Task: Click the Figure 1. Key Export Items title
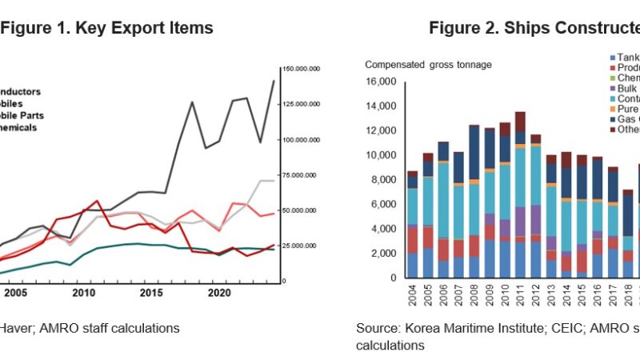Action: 106,28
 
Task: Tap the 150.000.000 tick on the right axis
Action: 303,70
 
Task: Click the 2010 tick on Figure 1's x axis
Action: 83,294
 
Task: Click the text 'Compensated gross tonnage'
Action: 428,65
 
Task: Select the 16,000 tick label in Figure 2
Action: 380,82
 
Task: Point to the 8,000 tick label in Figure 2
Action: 382,180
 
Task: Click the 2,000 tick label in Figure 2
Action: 382,254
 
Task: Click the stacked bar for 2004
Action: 412,225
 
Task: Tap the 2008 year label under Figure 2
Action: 474,296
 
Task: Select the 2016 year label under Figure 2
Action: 597,296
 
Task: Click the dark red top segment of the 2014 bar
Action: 566,159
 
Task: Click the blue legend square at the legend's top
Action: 612,57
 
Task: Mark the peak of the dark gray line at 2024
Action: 274,81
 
